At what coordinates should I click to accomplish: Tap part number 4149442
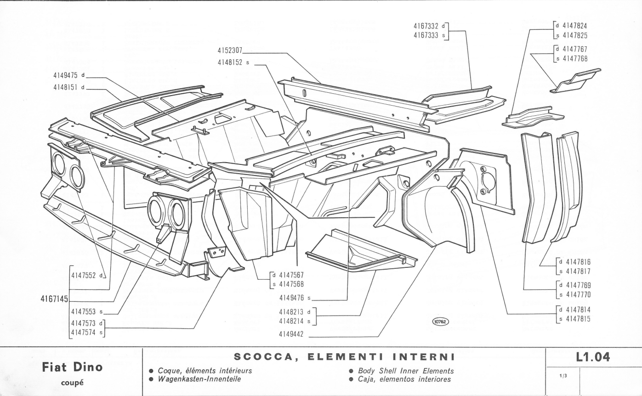(x=293, y=334)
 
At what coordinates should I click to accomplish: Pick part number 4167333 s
(x=430, y=34)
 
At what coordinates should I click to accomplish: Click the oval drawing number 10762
(x=440, y=322)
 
